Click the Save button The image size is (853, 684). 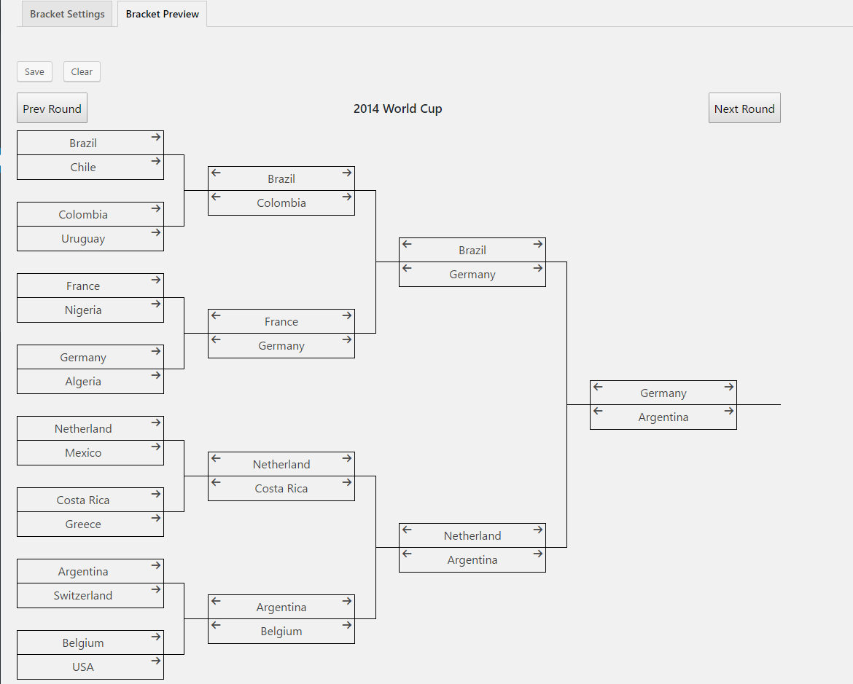(x=34, y=72)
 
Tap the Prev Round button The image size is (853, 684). (x=52, y=109)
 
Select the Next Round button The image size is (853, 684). (x=744, y=109)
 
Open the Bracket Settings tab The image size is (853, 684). (x=67, y=14)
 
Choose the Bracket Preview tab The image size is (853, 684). (x=162, y=14)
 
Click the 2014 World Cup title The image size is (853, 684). (x=397, y=109)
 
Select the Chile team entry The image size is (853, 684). (x=83, y=168)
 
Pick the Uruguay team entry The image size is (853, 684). (x=83, y=239)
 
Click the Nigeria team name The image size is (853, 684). (x=83, y=310)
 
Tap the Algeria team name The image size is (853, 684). (x=83, y=381)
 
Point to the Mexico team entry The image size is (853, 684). (x=83, y=453)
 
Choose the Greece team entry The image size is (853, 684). (x=83, y=524)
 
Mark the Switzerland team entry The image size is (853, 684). (x=83, y=595)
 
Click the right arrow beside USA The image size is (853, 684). (x=156, y=661)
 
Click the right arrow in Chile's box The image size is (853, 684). (x=156, y=161)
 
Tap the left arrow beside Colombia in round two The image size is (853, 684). (x=216, y=197)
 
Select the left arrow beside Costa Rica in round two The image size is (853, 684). (x=216, y=482)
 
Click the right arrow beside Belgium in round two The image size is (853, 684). (x=347, y=625)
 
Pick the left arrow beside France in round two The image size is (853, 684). (x=216, y=315)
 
